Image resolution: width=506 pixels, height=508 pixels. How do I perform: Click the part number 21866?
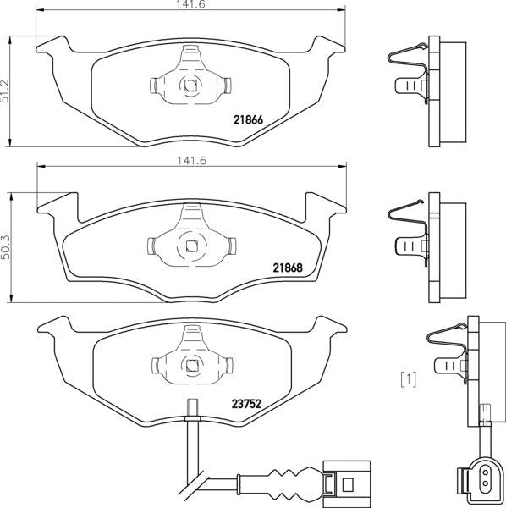pos(248,120)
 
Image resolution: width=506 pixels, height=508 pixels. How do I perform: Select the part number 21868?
pos(288,268)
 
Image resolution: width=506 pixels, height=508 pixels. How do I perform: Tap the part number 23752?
pos(246,404)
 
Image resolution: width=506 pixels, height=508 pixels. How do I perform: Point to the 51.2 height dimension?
pos(5,91)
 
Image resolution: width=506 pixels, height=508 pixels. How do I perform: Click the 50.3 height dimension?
pos(6,247)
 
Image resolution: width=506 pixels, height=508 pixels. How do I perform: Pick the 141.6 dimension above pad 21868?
pos(191,161)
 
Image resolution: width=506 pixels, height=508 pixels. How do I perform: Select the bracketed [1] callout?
pos(409,379)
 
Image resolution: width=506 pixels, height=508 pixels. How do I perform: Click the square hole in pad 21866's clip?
pos(190,86)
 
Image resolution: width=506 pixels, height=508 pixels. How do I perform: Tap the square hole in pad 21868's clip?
pos(191,247)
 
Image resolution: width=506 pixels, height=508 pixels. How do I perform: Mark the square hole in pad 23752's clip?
pos(192,366)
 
